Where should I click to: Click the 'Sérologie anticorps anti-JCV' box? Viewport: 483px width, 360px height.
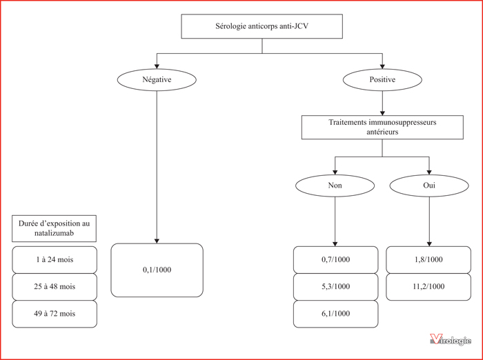click(262, 26)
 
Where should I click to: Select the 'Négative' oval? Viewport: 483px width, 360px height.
click(157, 80)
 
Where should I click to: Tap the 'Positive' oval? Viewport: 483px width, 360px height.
click(382, 80)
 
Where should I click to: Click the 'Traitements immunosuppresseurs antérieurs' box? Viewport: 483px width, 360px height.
click(382, 127)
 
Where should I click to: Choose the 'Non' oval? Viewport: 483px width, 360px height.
click(335, 186)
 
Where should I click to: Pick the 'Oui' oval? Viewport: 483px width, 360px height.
click(429, 186)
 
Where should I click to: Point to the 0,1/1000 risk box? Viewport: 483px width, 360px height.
click(157, 270)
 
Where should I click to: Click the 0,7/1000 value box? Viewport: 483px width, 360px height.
click(335, 259)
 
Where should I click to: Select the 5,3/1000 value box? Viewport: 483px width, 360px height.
click(335, 287)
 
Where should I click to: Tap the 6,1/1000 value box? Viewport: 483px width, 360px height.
click(335, 314)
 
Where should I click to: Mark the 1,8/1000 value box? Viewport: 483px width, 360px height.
click(428, 259)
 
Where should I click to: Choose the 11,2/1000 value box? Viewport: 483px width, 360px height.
click(428, 287)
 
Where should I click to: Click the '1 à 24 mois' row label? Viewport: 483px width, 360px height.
click(55, 259)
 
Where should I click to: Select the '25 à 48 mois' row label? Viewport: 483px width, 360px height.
click(55, 287)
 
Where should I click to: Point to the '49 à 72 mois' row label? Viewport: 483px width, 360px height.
click(55, 314)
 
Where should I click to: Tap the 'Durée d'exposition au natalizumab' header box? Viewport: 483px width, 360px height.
click(54, 228)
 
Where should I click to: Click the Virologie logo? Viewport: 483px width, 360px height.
click(451, 340)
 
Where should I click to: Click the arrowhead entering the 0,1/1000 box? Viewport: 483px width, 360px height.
click(157, 241)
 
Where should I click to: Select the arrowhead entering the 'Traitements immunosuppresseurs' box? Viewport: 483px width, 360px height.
click(382, 113)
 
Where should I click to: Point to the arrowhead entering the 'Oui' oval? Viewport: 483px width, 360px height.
click(429, 172)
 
